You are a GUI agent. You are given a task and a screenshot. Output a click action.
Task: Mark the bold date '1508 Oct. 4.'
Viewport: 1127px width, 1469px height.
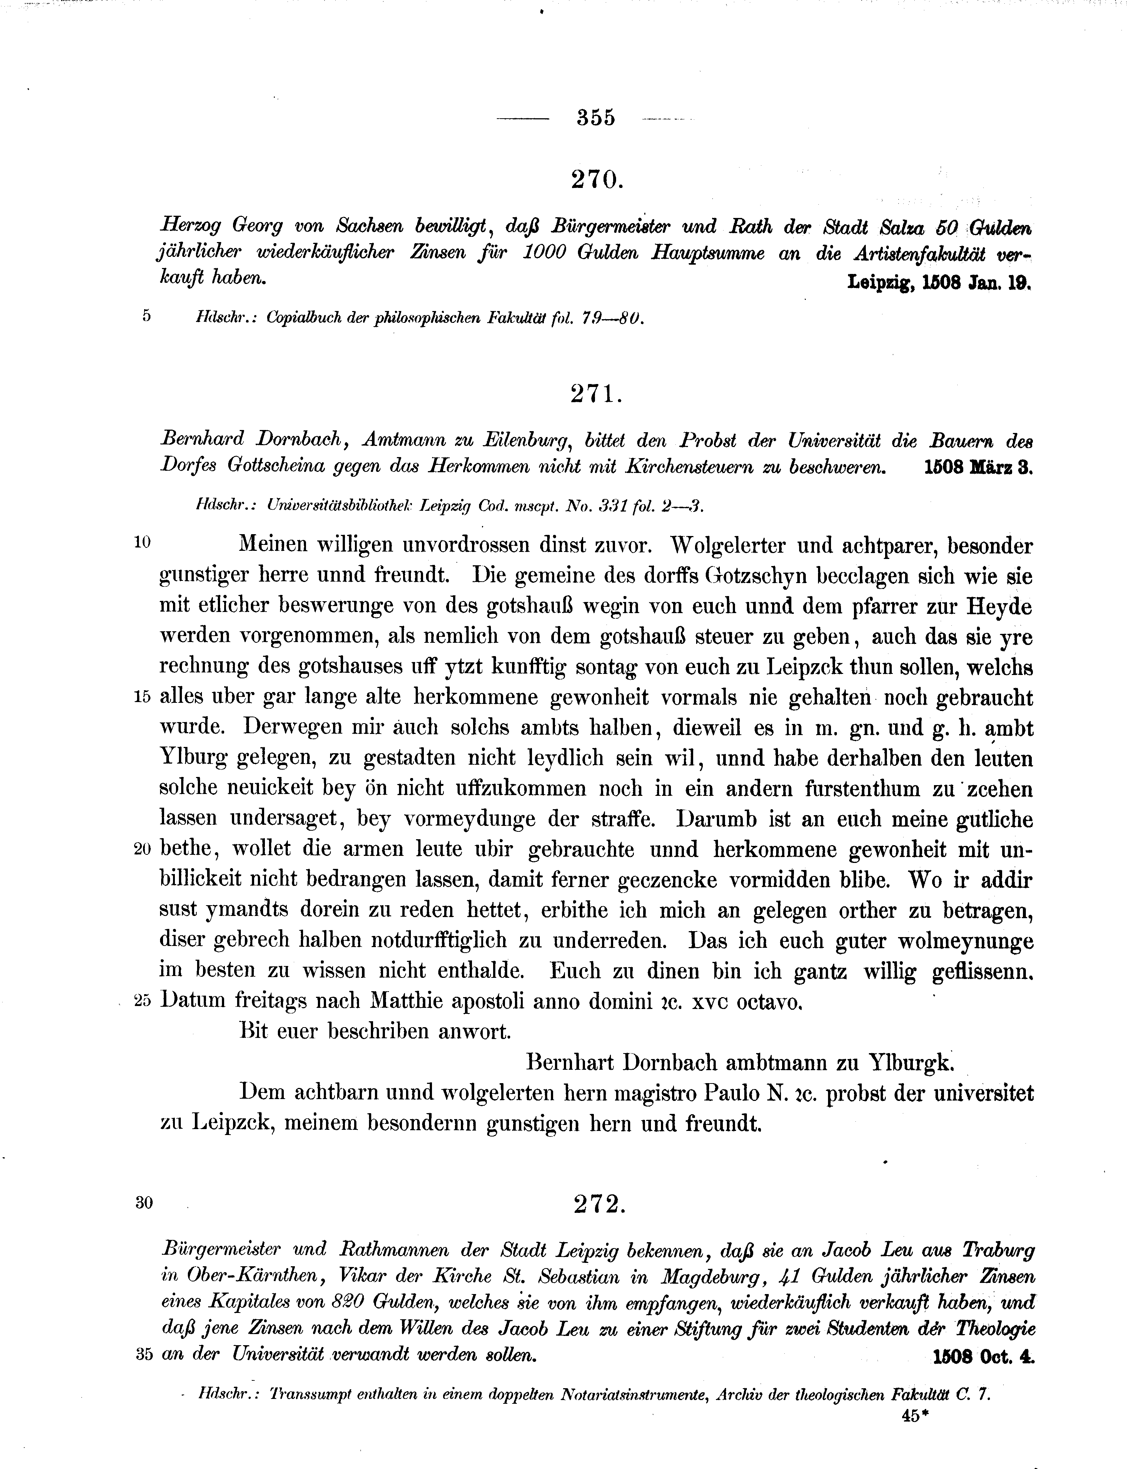[x=984, y=1355]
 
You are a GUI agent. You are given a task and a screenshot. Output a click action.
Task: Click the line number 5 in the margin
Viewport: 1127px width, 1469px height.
[x=146, y=315]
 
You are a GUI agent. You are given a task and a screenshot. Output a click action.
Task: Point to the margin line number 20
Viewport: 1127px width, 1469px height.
[x=143, y=849]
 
